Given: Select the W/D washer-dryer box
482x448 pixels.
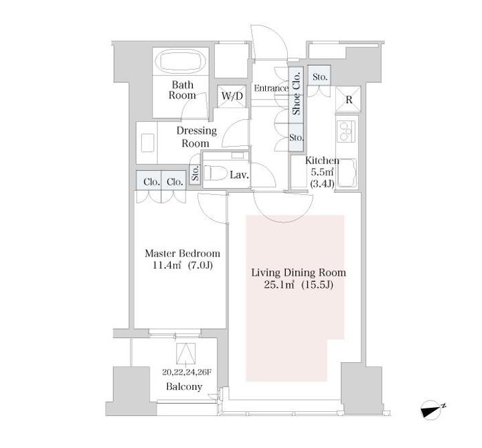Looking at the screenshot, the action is (x=232, y=96).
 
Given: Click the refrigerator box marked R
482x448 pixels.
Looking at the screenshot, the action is (x=348, y=99).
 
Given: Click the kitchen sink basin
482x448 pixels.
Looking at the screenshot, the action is (x=347, y=173).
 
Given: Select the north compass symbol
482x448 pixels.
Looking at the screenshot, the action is (x=433, y=410).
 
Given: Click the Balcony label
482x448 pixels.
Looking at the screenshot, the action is (x=184, y=386).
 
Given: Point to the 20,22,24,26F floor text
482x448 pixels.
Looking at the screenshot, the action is (x=187, y=372).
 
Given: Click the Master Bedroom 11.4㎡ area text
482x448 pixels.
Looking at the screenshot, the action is (x=183, y=259).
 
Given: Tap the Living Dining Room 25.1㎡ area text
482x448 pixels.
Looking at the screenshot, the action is (x=299, y=279).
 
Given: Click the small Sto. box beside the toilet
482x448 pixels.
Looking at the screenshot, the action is (x=195, y=173).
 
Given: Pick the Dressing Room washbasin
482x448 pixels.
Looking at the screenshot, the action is (x=147, y=143).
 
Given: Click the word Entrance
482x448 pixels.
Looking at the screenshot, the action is (x=271, y=88).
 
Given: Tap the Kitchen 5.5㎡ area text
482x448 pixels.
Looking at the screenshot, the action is (x=322, y=172).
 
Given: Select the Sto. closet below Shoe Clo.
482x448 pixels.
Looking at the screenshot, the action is (x=296, y=137).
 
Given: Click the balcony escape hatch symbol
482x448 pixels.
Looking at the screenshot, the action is (x=185, y=353).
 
